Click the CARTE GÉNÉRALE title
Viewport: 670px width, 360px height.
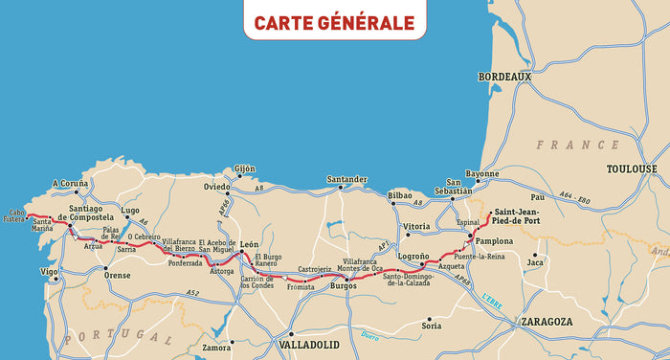pyautogui.click(x=334, y=22)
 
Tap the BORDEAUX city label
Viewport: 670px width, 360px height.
pyautogui.click(x=504, y=77)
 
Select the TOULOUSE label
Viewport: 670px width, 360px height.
pyautogui.click(x=632, y=169)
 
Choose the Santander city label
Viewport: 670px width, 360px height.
pyautogui.click(x=346, y=179)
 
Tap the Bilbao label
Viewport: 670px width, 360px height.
pyautogui.click(x=400, y=195)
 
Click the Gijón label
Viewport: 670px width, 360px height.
pyautogui.click(x=245, y=169)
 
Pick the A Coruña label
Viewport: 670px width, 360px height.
pyautogui.click(x=70, y=182)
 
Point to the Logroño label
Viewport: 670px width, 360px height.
pyautogui.click(x=413, y=257)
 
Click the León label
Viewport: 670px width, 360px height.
pyautogui.click(x=250, y=245)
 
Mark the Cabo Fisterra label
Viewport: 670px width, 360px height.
pyautogui.click(x=13, y=215)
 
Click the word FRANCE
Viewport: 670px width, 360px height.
pyautogui.click(x=577, y=145)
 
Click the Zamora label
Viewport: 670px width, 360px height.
pyautogui.click(x=216, y=348)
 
